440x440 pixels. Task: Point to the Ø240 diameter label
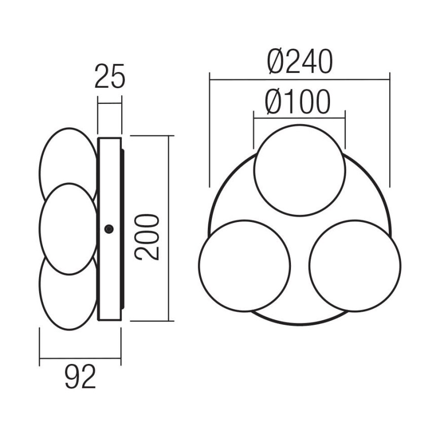(300, 62)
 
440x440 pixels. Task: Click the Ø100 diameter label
(298, 101)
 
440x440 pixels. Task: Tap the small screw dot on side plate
(108, 229)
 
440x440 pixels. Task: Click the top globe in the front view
(300, 169)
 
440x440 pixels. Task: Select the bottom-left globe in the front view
(244, 265)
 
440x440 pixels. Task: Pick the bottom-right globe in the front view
(355, 265)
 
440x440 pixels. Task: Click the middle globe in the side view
(67, 229)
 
